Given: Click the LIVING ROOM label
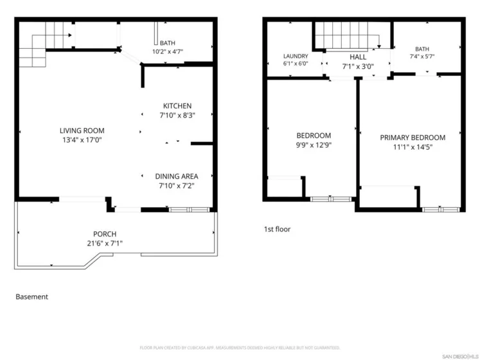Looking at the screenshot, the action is [82, 131].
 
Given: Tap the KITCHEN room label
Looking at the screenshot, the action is [177, 106].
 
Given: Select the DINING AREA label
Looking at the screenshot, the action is [177, 177].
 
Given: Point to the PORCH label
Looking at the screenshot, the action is [105, 234].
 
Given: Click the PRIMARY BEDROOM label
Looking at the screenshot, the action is [413, 138].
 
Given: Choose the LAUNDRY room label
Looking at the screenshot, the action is [296, 57].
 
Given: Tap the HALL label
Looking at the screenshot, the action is [358, 57].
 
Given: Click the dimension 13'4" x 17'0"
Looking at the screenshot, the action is [82, 140].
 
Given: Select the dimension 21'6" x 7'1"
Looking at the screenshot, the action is [105, 243].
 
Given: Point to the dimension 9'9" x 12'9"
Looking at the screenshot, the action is [314, 145].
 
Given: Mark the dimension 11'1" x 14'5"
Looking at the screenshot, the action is [413, 147].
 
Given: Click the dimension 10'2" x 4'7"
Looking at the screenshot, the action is [168, 51].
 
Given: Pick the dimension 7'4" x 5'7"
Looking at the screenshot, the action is [422, 57].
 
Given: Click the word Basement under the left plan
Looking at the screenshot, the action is [32, 297].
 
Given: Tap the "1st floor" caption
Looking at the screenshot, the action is [278, 229].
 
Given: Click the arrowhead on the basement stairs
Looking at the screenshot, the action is [70, 35].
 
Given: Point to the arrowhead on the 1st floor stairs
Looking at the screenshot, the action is [379, 46].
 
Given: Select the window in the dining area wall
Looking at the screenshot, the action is [189, 210].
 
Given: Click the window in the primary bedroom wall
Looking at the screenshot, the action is [441, 210].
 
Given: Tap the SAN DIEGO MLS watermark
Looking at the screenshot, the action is [460, 356].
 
